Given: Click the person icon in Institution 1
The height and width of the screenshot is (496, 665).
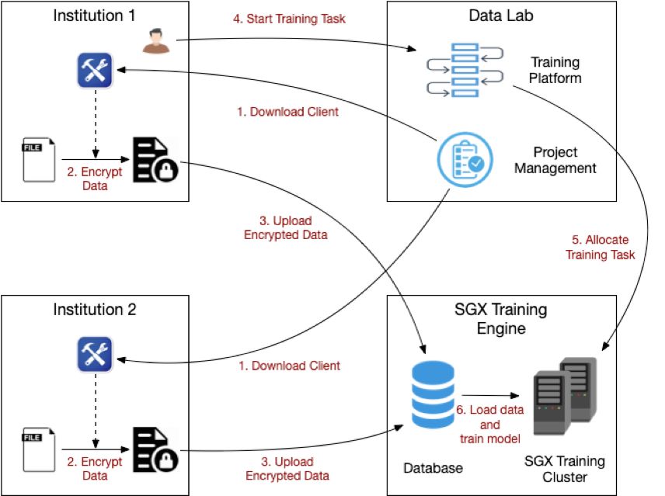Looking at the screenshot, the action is click(x=155, y=40).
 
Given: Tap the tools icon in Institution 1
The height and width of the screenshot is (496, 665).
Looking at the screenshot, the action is click(x=95, y=70).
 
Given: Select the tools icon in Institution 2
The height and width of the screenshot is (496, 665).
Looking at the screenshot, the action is click(x=95, y=354).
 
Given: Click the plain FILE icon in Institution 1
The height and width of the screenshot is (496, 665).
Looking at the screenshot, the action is click(x=39, y=160).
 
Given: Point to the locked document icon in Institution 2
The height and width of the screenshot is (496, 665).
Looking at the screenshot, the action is click(x=155, y=449).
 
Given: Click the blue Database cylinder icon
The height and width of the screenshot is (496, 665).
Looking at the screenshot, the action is click(x=433, y=394).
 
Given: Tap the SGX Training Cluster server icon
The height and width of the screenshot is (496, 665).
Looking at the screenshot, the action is click(x=565, y=396).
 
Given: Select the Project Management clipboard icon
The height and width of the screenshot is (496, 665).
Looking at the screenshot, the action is click(x=465, y=160).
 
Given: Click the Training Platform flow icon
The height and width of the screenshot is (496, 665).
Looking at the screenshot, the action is click(x=465, y=70).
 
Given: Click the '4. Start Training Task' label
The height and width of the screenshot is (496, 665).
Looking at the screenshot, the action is click(x=289, y=19).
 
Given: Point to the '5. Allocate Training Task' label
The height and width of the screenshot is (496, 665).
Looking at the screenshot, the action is click(x=600, y=247).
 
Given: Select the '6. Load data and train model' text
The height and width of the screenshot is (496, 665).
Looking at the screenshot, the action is click(x=490, y=424).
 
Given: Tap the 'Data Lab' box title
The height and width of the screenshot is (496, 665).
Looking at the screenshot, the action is click(x=501, y=16).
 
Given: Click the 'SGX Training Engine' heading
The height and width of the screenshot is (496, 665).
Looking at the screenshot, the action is click(x=501, y=318).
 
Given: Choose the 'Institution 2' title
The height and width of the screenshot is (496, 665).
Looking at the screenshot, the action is click(x=95, y=310).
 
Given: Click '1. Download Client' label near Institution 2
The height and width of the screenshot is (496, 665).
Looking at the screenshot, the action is click(x=289, y=366).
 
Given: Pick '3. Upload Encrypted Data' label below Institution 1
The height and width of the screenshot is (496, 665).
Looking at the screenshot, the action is click(x=286, y=227).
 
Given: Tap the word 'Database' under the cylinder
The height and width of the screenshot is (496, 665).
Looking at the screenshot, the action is click(x=433, y=468).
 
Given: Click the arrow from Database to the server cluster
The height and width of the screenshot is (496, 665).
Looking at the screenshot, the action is click(x=491, y=396).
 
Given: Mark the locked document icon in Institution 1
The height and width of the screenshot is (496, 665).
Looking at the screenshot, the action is click(x=155, y=160).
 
